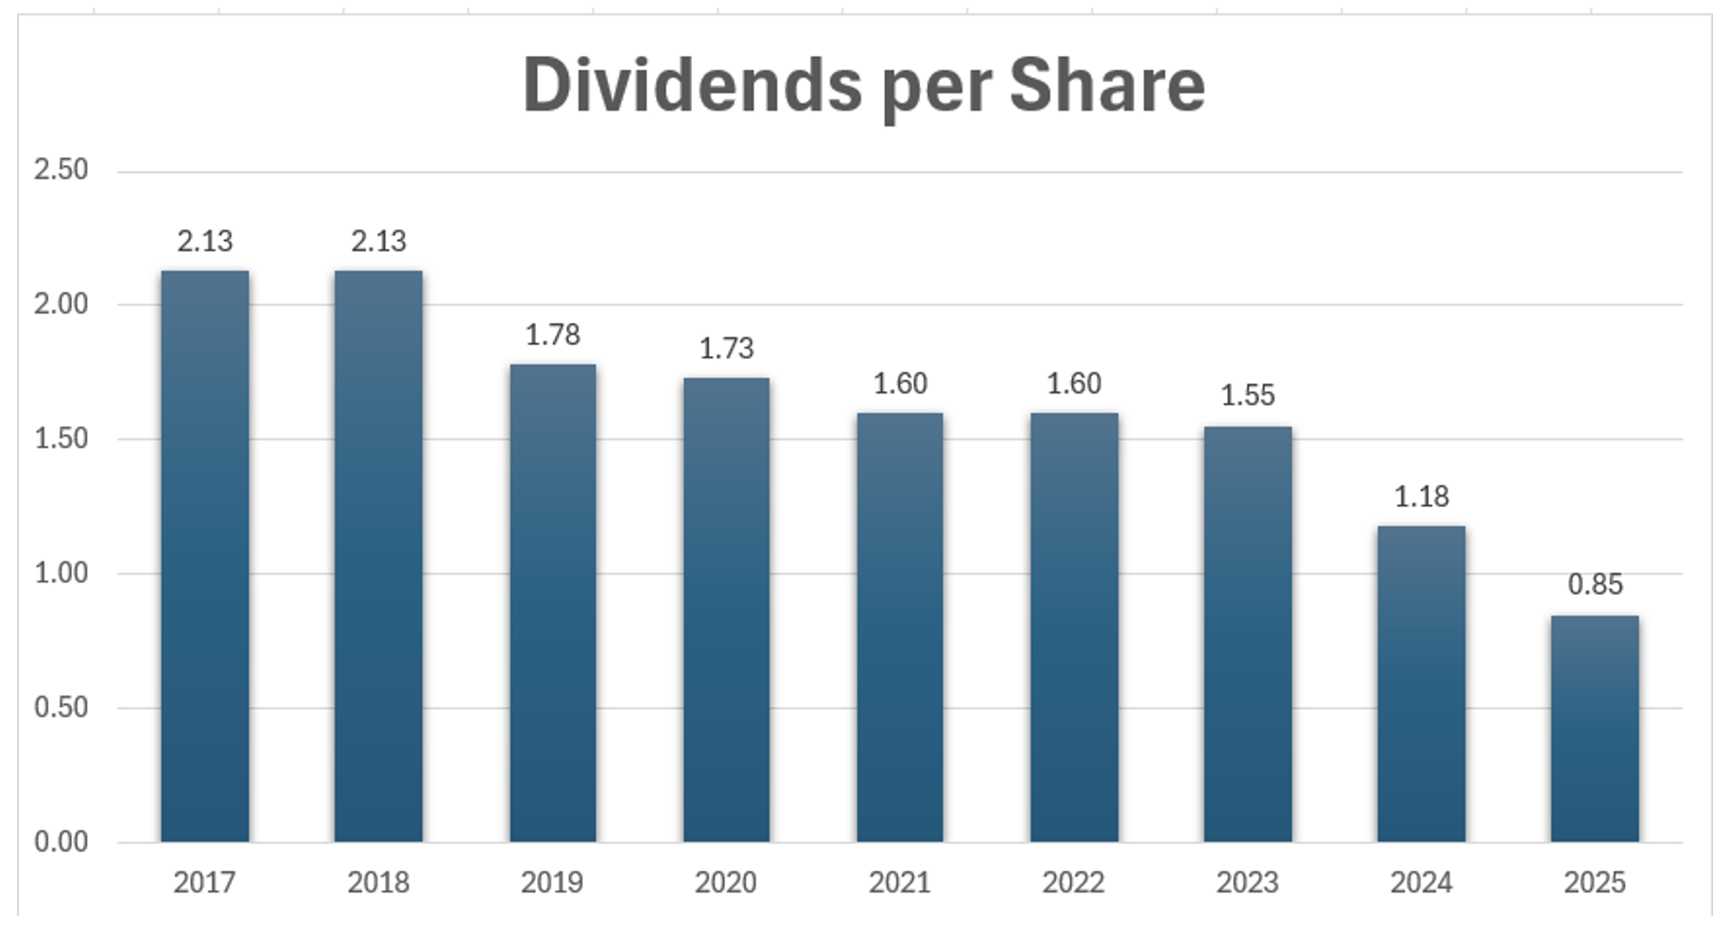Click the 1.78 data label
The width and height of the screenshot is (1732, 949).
pos(552,335)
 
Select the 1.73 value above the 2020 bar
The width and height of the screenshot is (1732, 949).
pos(726,349)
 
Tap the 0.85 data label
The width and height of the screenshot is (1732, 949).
pos(1595,585)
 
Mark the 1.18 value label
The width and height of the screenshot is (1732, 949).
pos(1421,497)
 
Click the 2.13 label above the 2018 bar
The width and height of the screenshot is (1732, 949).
pos(378,242)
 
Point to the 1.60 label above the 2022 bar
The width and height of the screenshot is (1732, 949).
pos(1073,384)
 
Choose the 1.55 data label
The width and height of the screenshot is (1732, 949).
pos(1247,395)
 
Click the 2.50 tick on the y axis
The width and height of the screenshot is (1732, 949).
pos(61,170)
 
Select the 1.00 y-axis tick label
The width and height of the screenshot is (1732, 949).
pos(61,573)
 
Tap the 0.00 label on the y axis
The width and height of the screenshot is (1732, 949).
pos(61,841)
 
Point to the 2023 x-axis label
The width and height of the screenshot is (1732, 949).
pos(1247,883)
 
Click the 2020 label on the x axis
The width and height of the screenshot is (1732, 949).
pos(725,883)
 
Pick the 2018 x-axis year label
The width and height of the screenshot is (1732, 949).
pos(378,883)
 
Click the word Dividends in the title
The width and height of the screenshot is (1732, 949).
pos(692,85)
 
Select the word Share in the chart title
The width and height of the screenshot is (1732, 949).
pos(1107,85)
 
